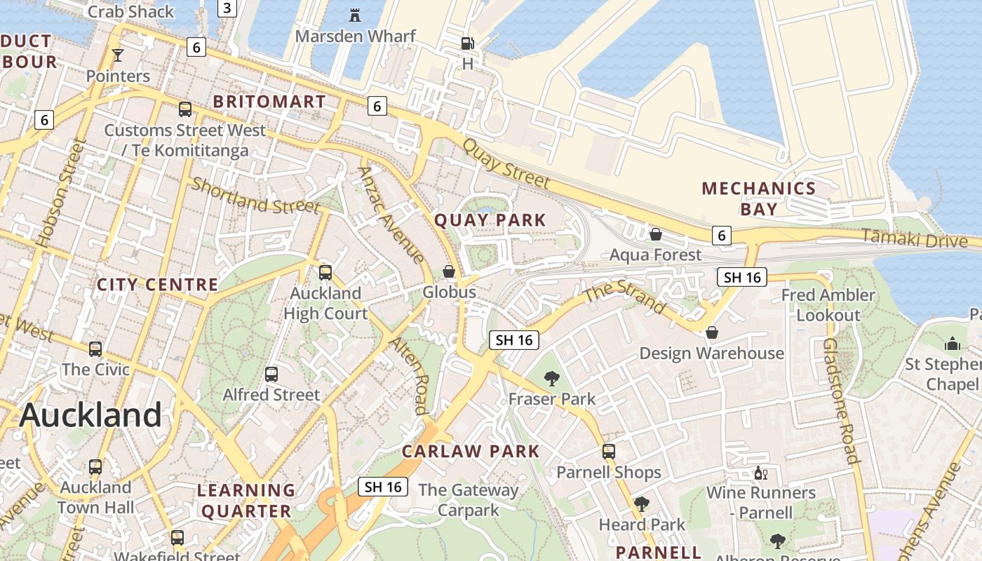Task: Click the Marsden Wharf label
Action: pos(356,36)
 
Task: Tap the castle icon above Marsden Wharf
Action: pos(355,14)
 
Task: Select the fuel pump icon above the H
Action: pos(467,43)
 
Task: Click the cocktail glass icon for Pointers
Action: pos(117,55)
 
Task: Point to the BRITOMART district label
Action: pos(269,102)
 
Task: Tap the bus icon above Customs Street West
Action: pos(185,109)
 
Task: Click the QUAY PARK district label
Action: pos(490,220)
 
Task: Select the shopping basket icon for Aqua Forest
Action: pos(656,234)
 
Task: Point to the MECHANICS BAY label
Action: pos(759,198)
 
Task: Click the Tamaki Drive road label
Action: pos(914,238)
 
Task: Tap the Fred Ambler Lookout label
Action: pos(828,305)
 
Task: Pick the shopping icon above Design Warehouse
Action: pos(711,332)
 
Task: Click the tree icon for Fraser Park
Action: pos(552,379)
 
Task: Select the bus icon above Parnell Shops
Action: pos(609,452)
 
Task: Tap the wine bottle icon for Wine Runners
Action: pos(760,473)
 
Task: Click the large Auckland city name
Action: pos(90,415)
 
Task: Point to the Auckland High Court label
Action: pos(325,303)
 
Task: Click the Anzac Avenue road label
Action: pos(391,215)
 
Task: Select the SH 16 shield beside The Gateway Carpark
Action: pos(383,487)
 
